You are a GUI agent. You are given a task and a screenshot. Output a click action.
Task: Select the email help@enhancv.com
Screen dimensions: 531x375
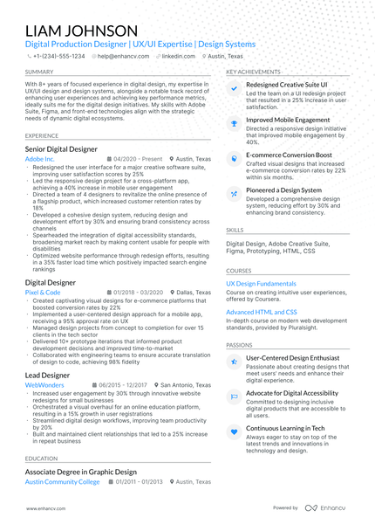(122, 55)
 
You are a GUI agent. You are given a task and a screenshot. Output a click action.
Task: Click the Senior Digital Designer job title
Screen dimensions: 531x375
(61, 150)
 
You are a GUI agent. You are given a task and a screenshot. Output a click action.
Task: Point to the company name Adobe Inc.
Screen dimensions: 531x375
(40, 160)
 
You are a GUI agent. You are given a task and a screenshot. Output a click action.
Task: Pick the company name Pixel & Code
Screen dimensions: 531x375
(43, 293)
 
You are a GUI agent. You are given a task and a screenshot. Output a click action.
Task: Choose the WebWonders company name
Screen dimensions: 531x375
(44, 384)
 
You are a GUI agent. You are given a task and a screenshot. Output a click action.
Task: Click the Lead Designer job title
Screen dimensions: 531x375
(48, 375)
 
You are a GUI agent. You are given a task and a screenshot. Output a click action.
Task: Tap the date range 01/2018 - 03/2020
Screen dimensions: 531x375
(138, 293)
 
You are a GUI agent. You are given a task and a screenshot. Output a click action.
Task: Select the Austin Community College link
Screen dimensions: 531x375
(63, 481)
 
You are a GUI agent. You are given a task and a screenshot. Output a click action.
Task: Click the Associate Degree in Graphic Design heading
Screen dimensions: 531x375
(81, 472)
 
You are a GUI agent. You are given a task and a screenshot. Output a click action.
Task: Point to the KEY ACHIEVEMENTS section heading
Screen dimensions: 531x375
(253, 72)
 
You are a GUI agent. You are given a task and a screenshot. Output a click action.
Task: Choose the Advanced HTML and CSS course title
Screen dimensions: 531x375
(262, 312)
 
